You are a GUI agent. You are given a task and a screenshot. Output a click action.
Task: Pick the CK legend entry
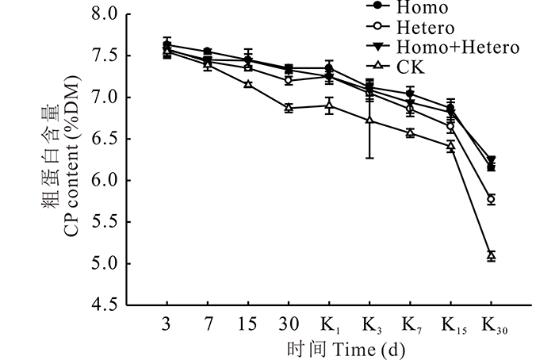pyautogui.click(x=411, y=67)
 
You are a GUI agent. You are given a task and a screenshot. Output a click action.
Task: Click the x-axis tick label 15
pyautogui.click(x=248, y=326)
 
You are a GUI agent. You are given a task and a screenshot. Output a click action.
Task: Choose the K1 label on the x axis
pyautogui.click(x=330, y=326)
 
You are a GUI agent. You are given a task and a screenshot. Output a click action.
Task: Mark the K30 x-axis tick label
pyautogui.click(x=493, y=326)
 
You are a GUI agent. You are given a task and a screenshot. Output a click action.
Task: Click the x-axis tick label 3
pyautogui.click(x=167, y=326)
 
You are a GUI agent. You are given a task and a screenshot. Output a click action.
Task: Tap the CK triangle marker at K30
pyautogui.click(x=492, y=255)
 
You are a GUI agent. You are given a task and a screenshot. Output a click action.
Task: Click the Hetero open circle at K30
pyautogui.click(x=492, y=200)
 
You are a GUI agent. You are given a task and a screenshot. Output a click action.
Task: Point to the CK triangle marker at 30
pyautogui.click(x=289, y=108)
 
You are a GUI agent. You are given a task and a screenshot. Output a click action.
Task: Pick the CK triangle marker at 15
pyautogui.click(x=248, y=83)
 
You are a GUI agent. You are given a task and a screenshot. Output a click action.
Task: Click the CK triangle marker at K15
pyautogui.click(x=451, y=146)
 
